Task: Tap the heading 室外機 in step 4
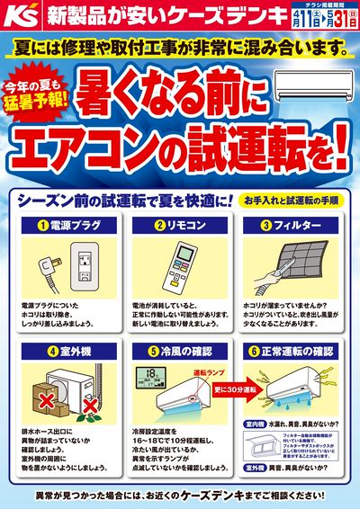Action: coord(68,351)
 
